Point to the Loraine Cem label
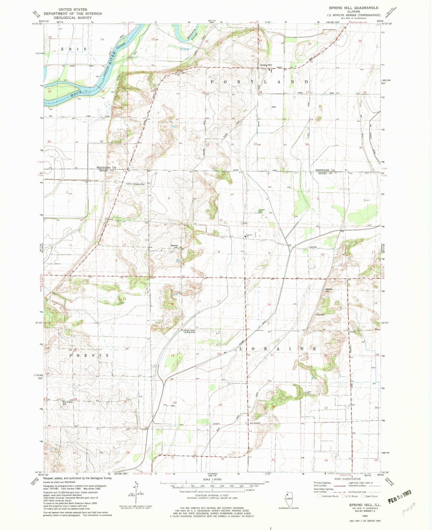262,211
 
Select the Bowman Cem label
174,247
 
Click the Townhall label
313,247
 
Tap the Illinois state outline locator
288,499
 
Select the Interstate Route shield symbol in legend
319,496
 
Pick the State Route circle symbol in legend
363,496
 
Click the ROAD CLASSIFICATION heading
347,479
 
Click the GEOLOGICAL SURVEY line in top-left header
73,18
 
